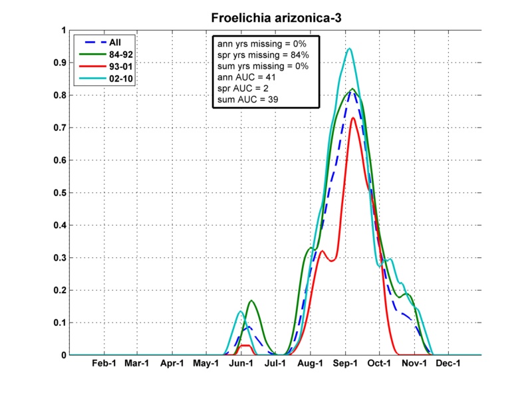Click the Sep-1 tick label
[x=345, y=364]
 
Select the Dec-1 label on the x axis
[x=449, y=364]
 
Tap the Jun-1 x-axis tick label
[x=241, y=364]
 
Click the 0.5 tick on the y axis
[x=56, y=193]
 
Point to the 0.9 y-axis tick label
[x=56, y=63]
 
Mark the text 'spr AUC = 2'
[x=239, y=88]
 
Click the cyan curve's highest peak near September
[x=349, y=49]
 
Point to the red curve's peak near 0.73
[x=353, y=118]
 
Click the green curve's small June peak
[x=251, y=301]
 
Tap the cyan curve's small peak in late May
[x=240, y=311]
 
